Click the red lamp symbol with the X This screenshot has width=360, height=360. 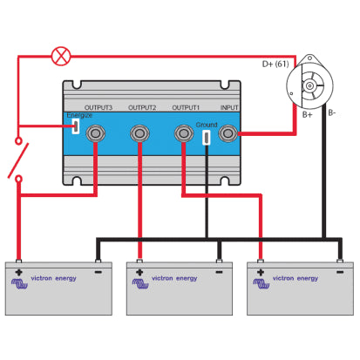pos(60,57)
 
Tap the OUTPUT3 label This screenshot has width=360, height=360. pos(97,107)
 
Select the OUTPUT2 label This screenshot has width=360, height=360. pos(142,107)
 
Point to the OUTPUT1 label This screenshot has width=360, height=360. pos(187,107)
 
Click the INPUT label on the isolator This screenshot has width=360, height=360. pos(229,107)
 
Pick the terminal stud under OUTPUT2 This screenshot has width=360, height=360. pos(139,133)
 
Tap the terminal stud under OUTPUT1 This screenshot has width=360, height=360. pos(184,133)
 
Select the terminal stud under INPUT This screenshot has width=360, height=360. pos(229,133)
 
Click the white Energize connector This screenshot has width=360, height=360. pos(76,127)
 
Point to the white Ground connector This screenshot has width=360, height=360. pos(207,137)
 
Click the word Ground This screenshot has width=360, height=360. pos(207,125)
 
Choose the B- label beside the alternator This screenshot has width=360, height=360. pos(332,112)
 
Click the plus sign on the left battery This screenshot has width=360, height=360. pos(18,272)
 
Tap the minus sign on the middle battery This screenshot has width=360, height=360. pos(220,272)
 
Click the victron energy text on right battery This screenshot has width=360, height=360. pos(295,279)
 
